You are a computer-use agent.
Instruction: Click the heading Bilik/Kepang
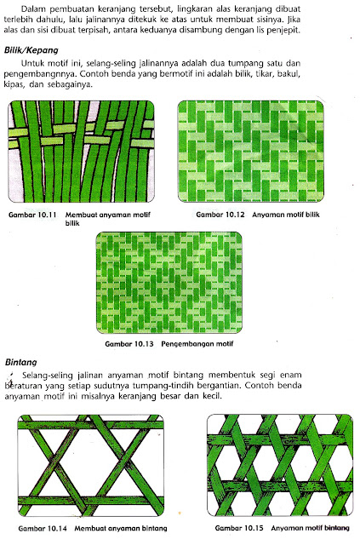[x=35, y=52]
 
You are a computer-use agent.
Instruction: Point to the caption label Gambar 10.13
[x=129, y=345]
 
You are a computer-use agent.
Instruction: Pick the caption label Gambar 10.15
[x=242, y=530]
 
